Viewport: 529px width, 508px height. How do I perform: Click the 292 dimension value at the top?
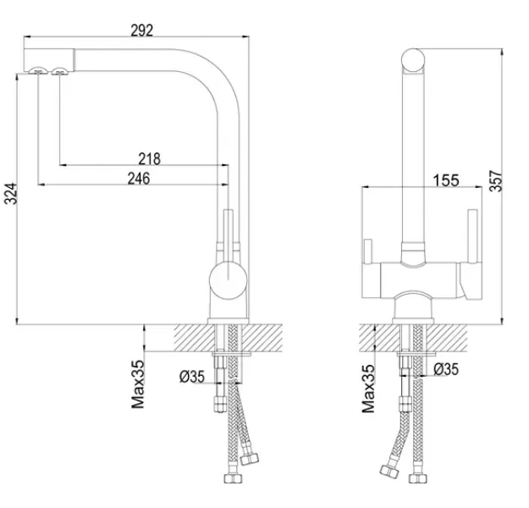[x=141, y=30]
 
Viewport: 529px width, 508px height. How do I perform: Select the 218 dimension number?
[x=150, y=158]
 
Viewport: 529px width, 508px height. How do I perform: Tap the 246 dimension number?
[x=139, y=179]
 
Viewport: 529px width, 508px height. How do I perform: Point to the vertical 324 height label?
[x=10, y=194]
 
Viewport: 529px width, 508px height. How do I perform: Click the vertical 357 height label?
[x=496, y=181]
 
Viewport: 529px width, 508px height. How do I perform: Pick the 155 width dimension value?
[x=446, y=180]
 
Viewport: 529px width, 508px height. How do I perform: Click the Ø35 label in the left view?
[x=192, y=377]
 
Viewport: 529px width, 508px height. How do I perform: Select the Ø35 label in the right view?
[x=446, y=369]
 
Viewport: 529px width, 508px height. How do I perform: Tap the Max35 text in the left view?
[x=138, y=384]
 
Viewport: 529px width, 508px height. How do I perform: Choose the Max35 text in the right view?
[x=368, y=389]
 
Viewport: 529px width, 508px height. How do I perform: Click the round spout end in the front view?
[x=413, y=60]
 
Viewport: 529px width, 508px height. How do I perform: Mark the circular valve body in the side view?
[x=228, y=281]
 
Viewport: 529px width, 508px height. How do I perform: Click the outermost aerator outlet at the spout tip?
[x=37, y=70]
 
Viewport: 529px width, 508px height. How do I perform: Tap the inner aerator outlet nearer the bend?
[x=60, y=70]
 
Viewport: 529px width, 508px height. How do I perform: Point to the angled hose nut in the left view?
[x=250, y=459]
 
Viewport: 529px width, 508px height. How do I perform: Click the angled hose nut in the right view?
[x=389, y=471]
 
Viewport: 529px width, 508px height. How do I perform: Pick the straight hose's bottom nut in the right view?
[x=417, y=478]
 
